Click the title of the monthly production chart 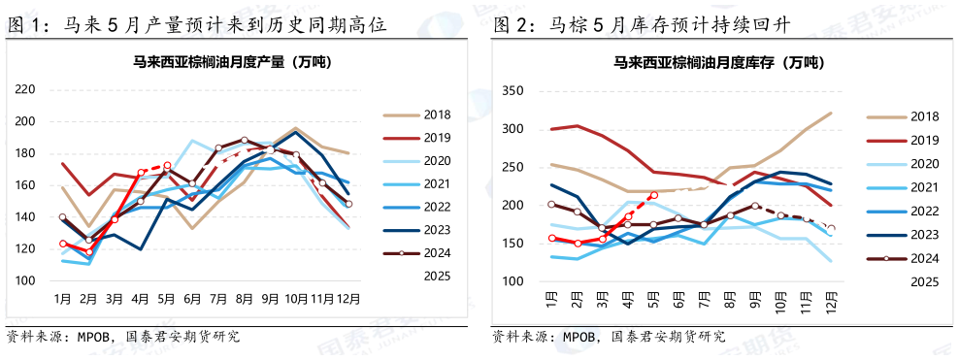tap(232, 63)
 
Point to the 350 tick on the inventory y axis tap(512, 92)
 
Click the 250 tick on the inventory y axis tap(512, 168)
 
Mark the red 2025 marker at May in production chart tap(167, 166)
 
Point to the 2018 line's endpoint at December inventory tap(832, 114)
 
